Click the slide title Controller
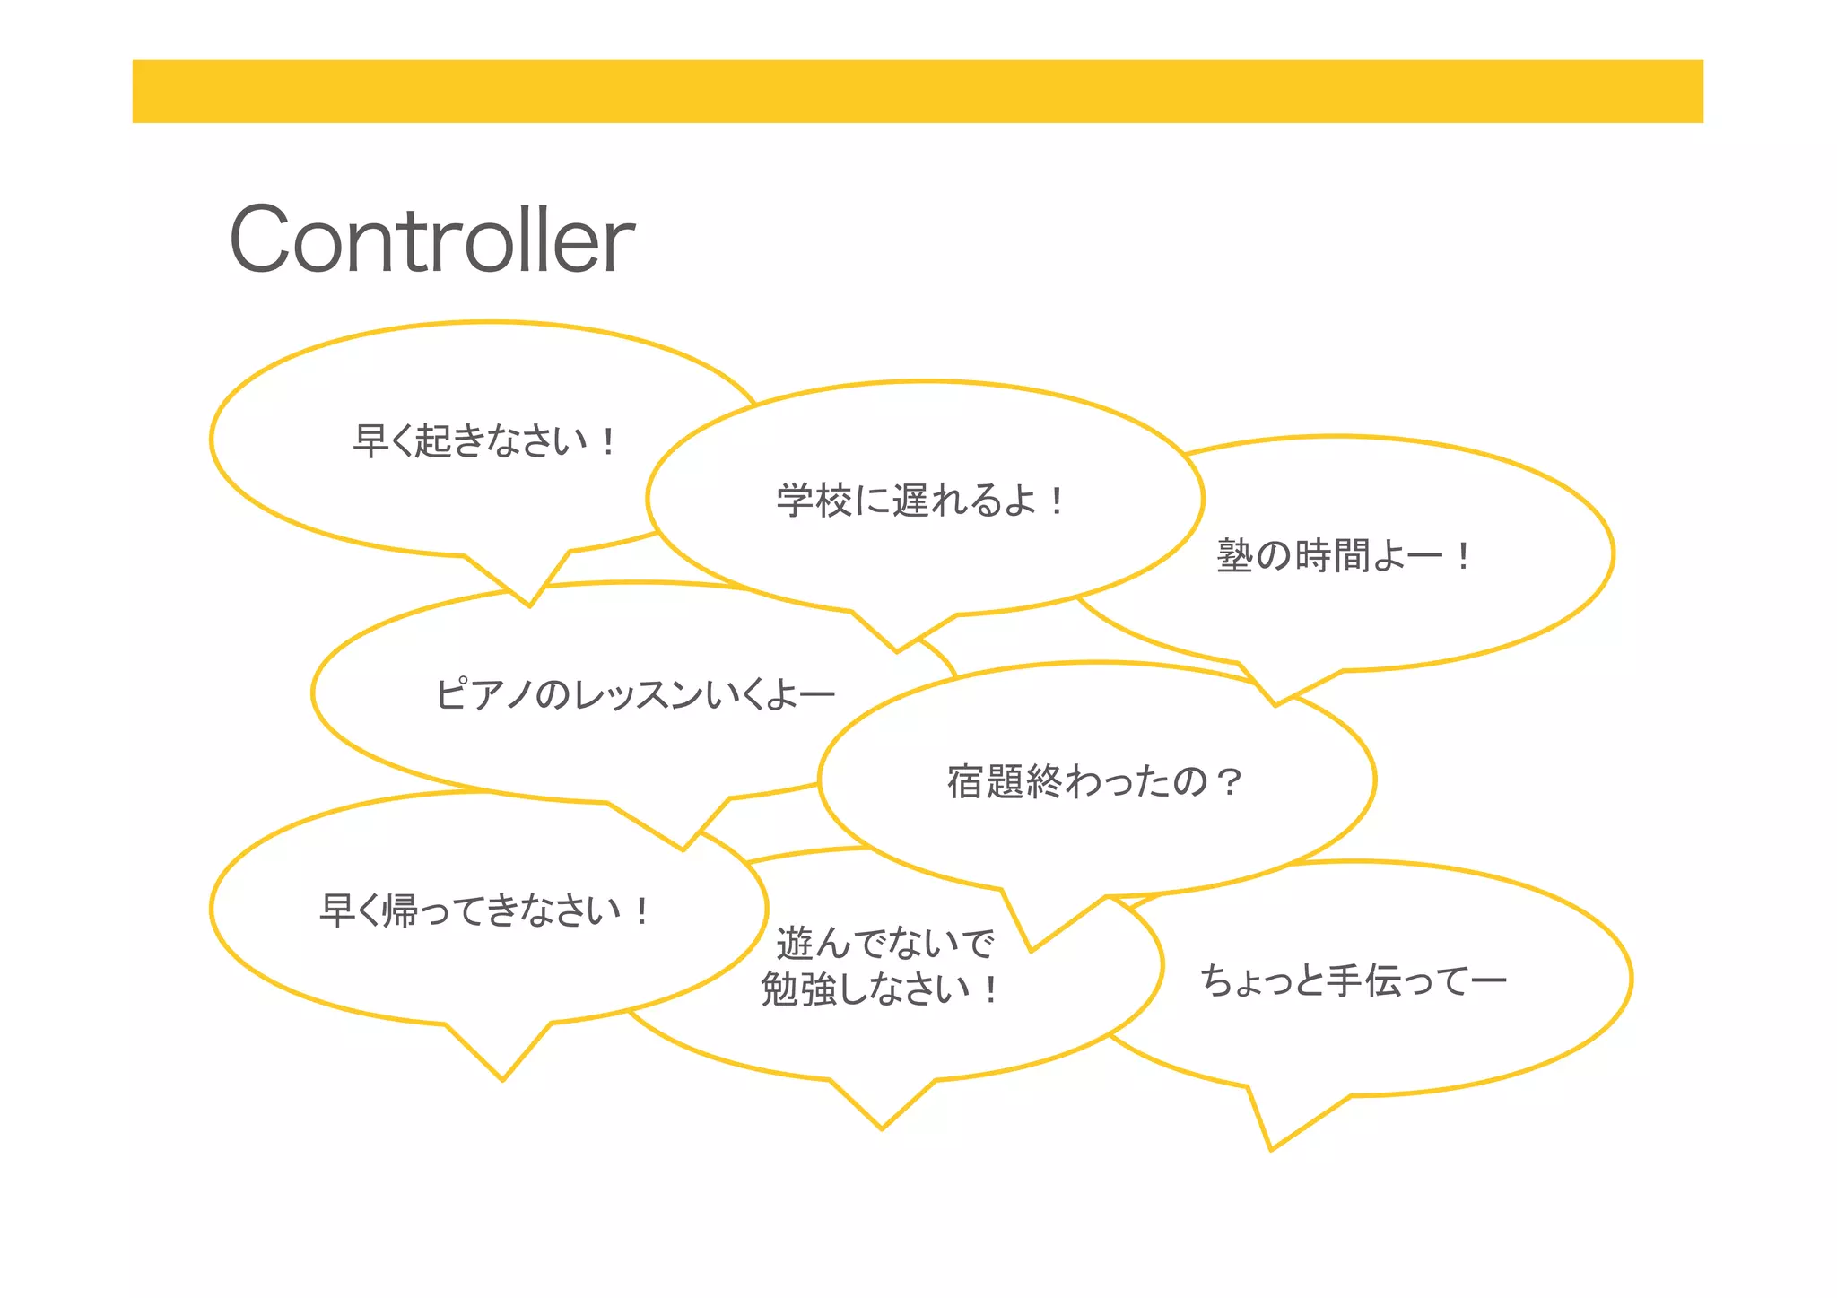(431, 240)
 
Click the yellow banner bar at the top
(917, 91)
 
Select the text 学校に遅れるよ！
(920, 501)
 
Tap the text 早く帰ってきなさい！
(485, 910)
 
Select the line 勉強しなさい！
(880, 990)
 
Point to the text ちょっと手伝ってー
(1353, 980)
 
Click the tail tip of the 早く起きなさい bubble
(530, 605)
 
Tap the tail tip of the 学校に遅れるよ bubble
(897, 651)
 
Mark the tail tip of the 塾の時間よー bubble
(1275, 705)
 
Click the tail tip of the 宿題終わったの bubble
(1032, 950)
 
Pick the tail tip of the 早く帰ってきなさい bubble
(502, 1080)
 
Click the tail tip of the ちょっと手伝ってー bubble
(1271, 1149)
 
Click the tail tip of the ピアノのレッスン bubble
(683, 849)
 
